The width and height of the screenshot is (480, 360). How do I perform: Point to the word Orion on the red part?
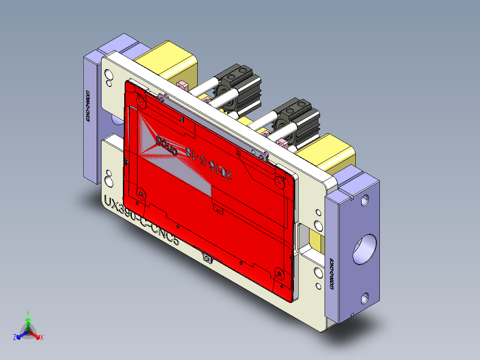(164, 146)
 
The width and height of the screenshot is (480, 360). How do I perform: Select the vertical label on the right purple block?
(332, 274)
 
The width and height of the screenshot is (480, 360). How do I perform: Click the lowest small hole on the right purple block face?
(365, 297)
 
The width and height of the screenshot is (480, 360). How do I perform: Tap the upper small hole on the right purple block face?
(364, 200)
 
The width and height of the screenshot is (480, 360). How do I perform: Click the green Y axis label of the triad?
(28, 313)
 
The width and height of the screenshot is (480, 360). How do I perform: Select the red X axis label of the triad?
(42, 337)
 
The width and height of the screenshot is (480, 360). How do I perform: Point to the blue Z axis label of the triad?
(15, 337)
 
